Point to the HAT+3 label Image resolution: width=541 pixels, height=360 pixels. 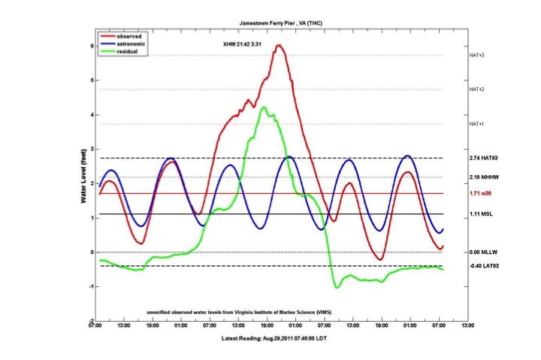476,56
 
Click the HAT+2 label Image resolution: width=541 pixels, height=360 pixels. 476,89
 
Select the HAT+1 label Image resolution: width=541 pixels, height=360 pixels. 476,124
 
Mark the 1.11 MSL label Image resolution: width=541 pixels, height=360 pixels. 479,214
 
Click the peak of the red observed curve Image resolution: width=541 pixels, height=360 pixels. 279,46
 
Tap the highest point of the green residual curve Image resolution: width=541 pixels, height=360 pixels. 263,107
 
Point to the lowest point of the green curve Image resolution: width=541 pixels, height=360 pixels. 337,287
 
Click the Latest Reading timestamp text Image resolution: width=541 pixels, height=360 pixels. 280,340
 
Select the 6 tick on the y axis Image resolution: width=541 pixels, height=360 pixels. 91,46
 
